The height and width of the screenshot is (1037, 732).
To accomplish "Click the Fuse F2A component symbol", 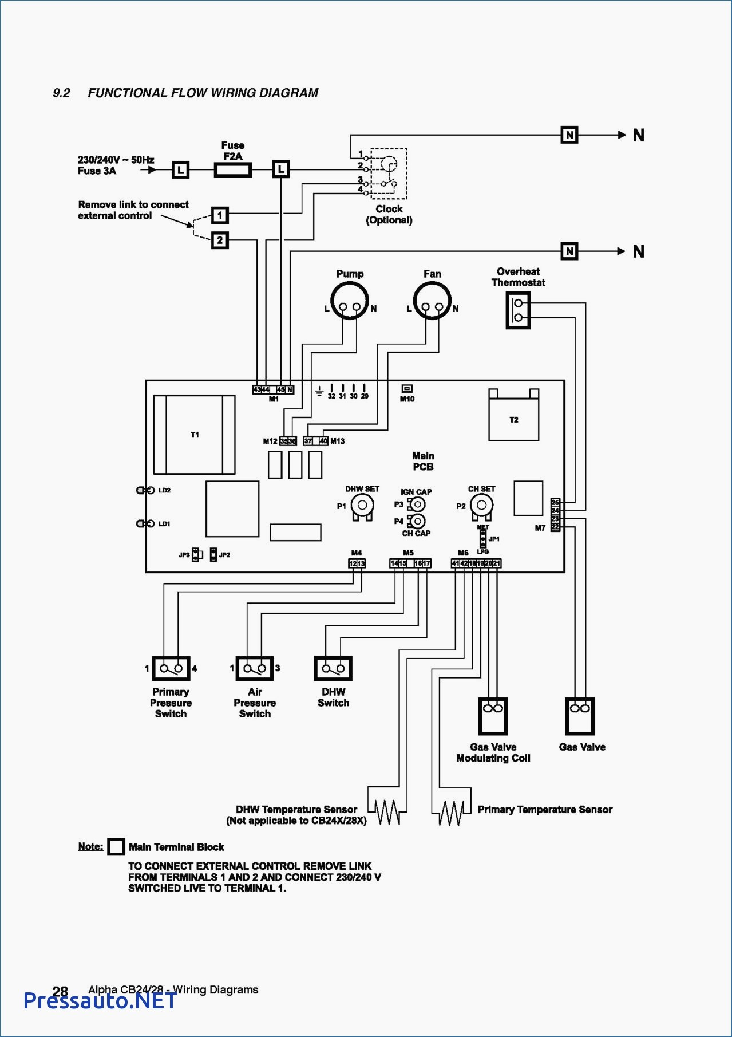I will [232, 169].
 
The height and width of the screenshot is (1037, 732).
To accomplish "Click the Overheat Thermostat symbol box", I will [518, 310].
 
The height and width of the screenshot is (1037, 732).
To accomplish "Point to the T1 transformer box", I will [194, 434].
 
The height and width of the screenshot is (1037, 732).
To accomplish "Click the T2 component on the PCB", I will [513, 419].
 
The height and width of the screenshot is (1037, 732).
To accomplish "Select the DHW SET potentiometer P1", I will [362, 506].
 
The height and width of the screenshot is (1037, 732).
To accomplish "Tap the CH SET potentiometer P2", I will [481, 506].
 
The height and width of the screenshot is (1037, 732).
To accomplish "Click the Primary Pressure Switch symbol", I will [171, 668].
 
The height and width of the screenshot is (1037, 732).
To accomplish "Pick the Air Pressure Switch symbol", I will [255, 668].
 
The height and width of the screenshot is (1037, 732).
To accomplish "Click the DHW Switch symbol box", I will [333, 668].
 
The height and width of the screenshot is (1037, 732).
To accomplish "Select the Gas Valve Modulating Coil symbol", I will [493, 716].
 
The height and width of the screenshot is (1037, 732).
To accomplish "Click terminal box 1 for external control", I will [220, 215].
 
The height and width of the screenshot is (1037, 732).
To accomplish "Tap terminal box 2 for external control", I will [220, 240].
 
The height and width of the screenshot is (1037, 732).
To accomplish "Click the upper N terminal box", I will [569, 135].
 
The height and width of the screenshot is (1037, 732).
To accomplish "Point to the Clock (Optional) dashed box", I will [389, 174].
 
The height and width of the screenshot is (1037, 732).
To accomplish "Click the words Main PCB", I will [423, 461].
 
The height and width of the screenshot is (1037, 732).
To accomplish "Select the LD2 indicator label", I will [164, 490].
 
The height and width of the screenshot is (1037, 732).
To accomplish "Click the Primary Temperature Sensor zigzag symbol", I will [452, 812].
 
